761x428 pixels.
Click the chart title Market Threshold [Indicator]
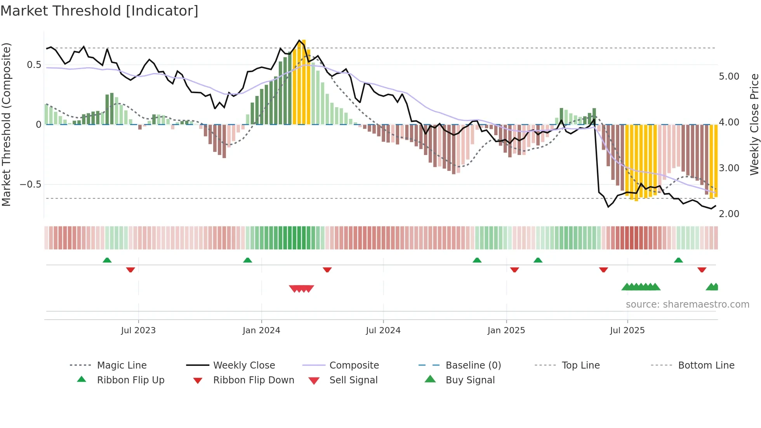(99, 11)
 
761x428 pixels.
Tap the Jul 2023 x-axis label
(138, 331)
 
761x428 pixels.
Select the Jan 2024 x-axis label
(261, 331)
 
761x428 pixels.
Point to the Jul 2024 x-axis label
(383, 331)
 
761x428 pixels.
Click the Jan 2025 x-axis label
(506, 331)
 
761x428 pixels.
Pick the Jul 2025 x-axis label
(627, 331)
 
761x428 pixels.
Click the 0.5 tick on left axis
(34, 65)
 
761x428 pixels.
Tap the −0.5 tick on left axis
(31, 184)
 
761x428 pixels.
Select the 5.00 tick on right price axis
(729, 77)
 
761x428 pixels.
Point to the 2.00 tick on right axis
(729, 214)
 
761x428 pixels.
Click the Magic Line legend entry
(122, 365)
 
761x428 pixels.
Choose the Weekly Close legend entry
(244, 365)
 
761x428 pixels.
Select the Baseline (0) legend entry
(473, 365)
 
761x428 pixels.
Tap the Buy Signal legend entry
(470, 380)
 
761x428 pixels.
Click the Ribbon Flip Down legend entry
(253, 380)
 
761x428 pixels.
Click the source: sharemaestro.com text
(687, 304)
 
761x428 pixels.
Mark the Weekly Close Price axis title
(754, 124)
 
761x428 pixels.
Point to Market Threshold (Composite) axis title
(6, 124)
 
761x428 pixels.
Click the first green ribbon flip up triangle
(107, 260)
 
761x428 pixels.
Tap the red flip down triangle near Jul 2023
(130, 270)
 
